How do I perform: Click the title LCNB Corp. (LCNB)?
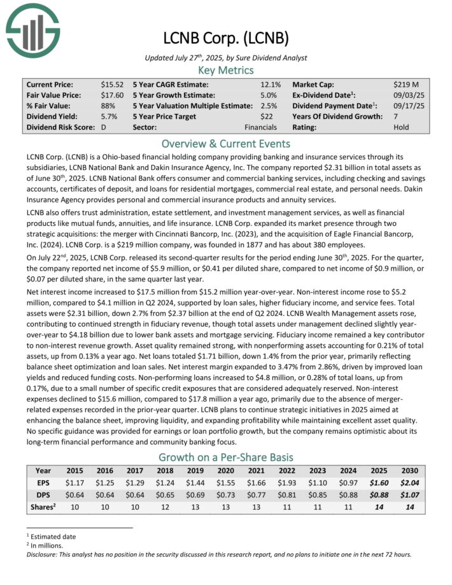point(226,38)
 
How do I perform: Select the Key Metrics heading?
point(226,70)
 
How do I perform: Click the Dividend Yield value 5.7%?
point(109,116)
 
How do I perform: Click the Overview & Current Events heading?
point(226,143)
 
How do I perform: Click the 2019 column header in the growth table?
point(192,471)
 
